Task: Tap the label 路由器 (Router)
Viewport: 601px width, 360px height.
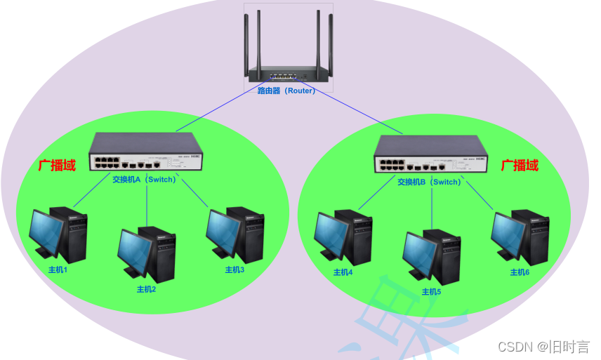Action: (286, 91)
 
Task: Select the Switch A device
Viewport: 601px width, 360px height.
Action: (146, 152)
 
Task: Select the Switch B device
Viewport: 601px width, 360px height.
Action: (430, 155)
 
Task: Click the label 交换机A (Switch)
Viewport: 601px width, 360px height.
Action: (144, 179)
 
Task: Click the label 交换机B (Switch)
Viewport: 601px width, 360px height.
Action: (429, 182)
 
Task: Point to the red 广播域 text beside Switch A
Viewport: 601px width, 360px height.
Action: (57, 166)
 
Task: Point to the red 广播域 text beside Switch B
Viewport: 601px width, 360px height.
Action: (520, 166)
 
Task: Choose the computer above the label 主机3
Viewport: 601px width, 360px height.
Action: (235, 234)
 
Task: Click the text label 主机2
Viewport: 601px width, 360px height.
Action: (146, 288)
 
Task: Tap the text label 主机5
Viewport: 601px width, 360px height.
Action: (431, 292)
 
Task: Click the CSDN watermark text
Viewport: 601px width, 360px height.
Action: (543, 347)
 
